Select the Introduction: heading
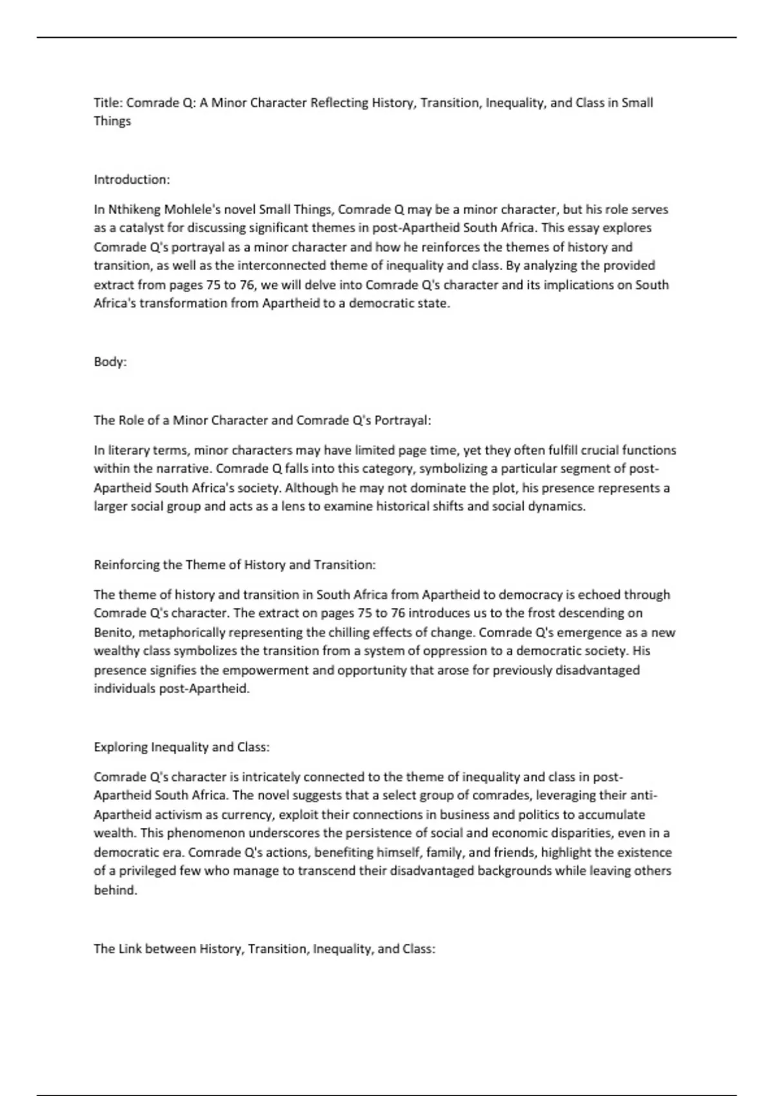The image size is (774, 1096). point(132,179)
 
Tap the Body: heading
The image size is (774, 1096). point(110,362)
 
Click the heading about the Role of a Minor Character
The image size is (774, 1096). point(262,420)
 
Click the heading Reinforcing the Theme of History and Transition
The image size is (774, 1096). point(235,565)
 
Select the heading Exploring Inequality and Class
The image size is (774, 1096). point(181,747)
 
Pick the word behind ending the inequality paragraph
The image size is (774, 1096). point(115,890)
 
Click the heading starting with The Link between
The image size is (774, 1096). point(264,949)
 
